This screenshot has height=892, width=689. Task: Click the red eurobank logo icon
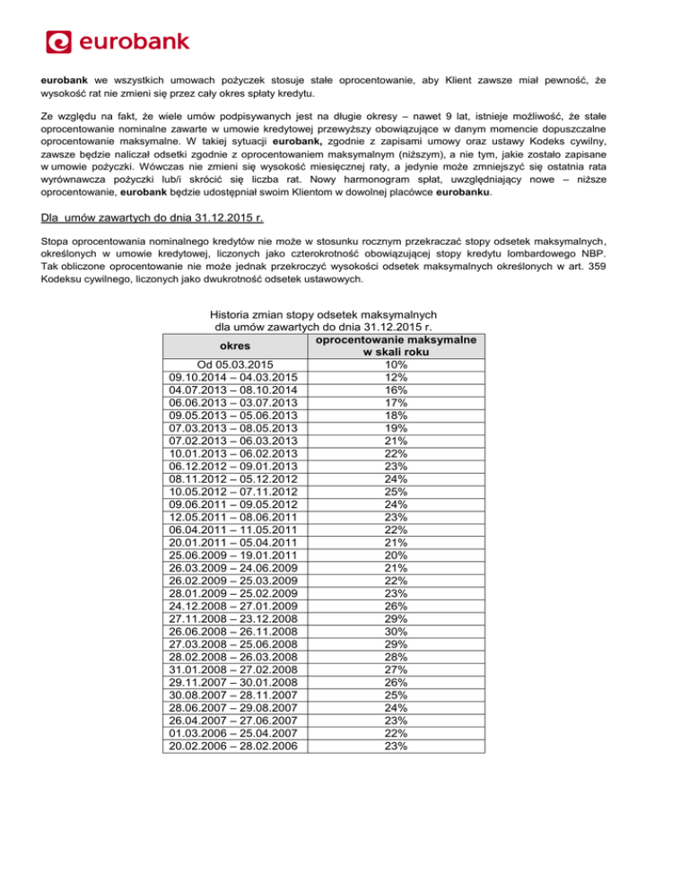coord(58,42)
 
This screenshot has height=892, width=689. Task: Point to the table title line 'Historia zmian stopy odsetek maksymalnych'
coord(323,315)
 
